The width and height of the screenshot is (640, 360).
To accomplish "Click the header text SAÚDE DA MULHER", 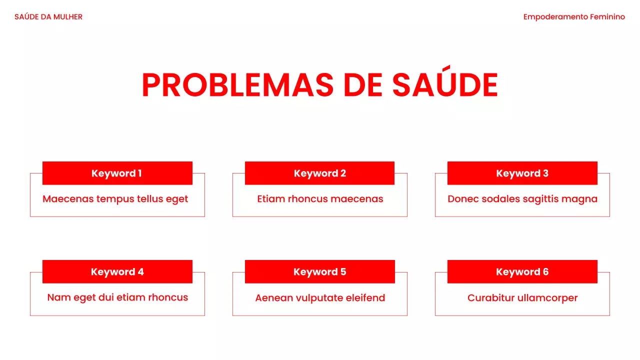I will (x=48, y=17).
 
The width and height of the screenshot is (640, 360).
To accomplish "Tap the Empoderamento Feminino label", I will (x=574, y=17).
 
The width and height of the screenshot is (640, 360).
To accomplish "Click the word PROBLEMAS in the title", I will (x=237, y=85).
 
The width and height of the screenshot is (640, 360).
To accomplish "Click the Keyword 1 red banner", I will (x=117, y=173).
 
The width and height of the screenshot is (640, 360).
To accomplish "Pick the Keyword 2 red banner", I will (x=319, y=173).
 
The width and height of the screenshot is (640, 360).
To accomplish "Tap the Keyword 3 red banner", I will (x=522, y=173).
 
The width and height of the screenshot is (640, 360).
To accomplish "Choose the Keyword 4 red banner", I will (x=117, y=272).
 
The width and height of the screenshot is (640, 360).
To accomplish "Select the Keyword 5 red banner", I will (x=319, y=272).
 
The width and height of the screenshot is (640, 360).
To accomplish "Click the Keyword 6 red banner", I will (x=522, y=272).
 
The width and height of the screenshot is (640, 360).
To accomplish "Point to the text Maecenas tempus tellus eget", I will (x=115, y=199).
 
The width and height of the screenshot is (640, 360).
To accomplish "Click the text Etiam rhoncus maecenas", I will (x=320, y=199).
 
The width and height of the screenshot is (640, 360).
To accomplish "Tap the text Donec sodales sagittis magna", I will (x=522, y=199).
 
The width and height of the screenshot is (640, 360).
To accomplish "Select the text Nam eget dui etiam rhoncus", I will (x=117, y=297).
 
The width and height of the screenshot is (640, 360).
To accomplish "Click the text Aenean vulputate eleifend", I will (x=320, y=298).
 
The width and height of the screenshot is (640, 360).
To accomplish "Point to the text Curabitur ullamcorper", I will (x=522, y=298).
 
